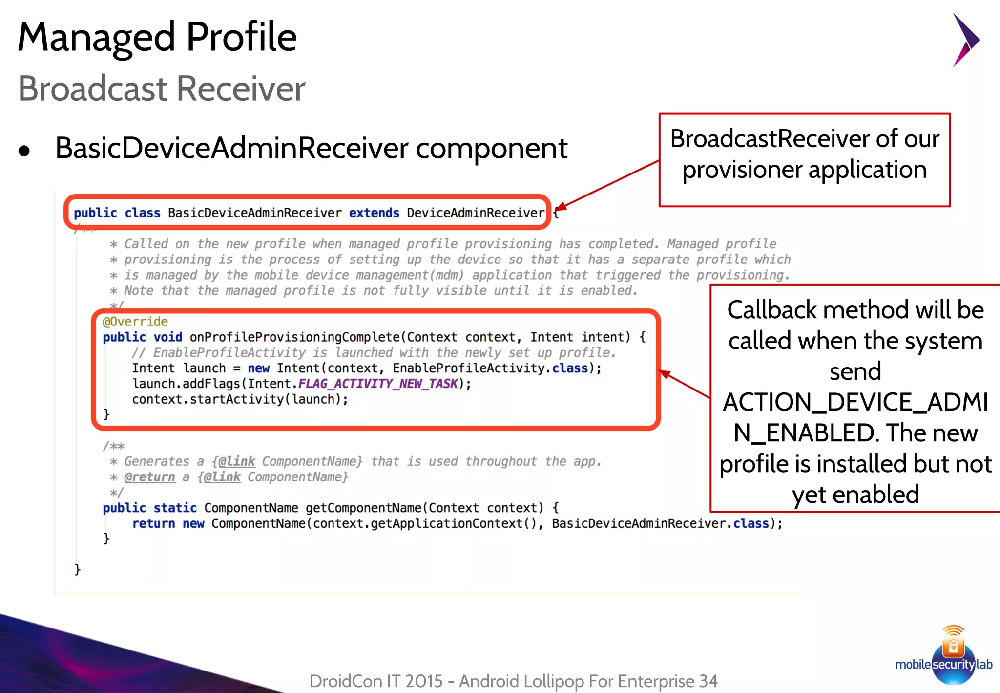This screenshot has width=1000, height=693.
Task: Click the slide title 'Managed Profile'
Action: pos(157,37)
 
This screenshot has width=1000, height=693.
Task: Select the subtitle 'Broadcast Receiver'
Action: pos(162,89)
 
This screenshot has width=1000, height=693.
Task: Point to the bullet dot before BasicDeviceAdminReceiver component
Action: pos(24,151)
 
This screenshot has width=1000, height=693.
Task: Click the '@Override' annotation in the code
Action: pos(135,322)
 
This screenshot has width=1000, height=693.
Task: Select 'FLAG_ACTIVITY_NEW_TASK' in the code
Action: pos(378,384)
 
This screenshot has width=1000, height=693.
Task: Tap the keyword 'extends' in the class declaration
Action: pos(374,213)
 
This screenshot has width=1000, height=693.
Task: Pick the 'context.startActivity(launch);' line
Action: pos(240,399)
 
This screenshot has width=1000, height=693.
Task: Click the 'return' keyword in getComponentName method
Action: pos(153,523)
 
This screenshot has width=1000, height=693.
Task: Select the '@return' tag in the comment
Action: pos(149,477)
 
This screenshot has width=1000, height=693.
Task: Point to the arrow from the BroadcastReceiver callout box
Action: pos(608,184)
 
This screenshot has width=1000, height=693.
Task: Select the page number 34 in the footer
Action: pos(708,681)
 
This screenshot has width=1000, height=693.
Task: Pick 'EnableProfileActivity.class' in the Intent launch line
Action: pos(490,368)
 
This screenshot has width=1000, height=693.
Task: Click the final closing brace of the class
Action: pos(77,569)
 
